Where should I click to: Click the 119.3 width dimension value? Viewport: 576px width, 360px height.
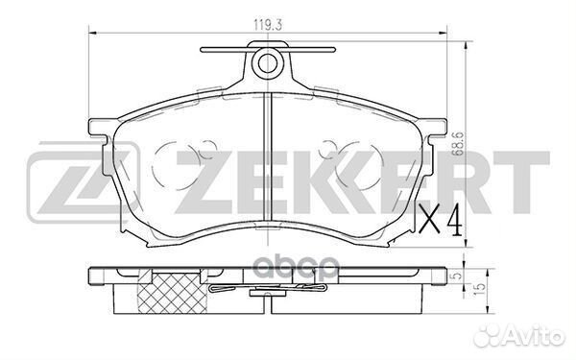[268, 25]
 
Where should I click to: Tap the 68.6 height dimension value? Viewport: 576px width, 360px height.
[459, 145]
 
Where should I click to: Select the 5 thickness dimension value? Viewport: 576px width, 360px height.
[456, 276]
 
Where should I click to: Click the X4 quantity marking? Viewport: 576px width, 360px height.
[440, 219]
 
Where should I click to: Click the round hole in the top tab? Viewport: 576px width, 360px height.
[268, 63]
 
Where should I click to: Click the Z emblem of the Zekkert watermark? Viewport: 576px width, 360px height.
[84, 183]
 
